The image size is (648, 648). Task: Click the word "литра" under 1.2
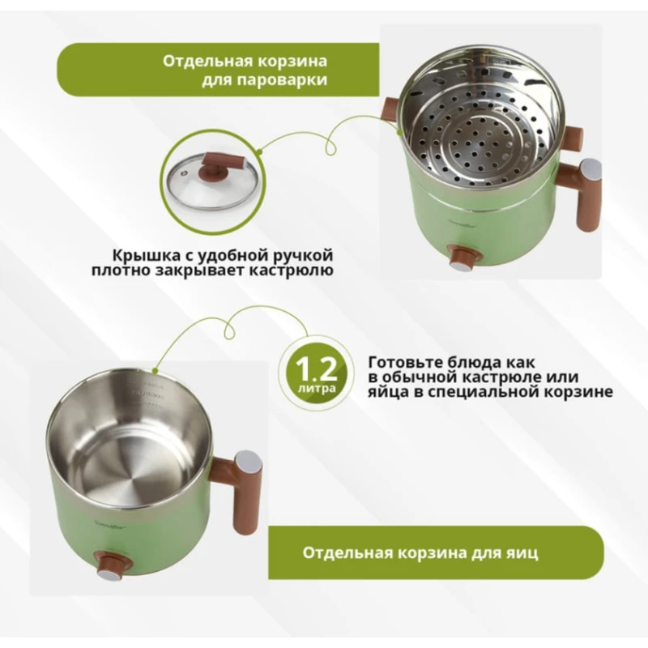click(x=314, y=390)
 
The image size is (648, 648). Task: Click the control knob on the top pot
click(x=463, y=258)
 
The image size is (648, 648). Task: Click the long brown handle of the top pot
click(x=588, y=194)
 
